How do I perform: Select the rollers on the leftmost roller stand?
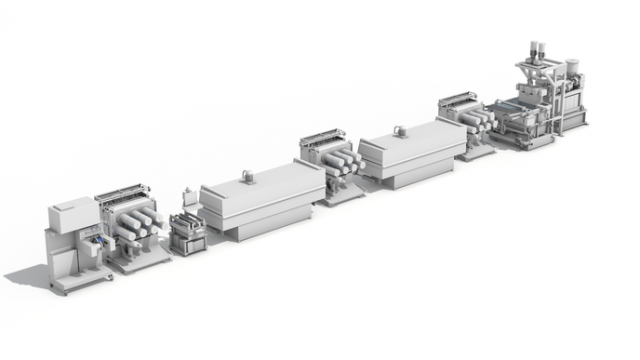[x=136, y=225]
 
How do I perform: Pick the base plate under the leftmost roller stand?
[x=139, y=262]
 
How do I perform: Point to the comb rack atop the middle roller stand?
[x=326, y=140]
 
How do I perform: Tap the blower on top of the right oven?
[x=398, y=130]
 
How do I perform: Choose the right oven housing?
[x=411, y=154]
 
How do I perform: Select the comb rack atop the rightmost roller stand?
[x=459, y=101]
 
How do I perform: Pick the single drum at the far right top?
[x=574, y=66]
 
